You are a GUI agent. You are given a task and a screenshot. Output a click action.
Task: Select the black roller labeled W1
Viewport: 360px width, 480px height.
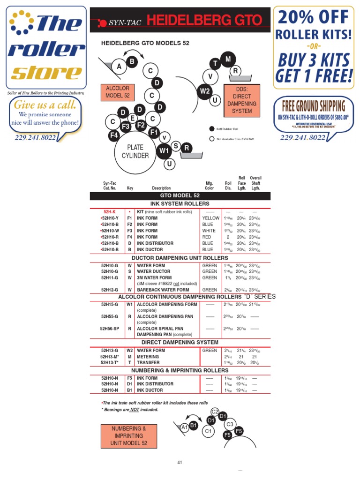pos(164,150)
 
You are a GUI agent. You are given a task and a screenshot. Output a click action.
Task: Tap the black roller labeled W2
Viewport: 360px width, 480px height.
pos(204,91)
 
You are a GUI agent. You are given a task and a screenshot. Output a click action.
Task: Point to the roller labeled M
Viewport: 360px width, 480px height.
pos(228,59)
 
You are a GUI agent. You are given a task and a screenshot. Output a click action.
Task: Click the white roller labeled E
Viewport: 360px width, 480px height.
pos(133,118)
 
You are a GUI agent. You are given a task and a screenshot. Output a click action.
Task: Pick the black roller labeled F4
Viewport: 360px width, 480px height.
pos(114,135)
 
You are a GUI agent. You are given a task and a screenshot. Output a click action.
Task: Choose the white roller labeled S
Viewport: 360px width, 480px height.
pos(176,146)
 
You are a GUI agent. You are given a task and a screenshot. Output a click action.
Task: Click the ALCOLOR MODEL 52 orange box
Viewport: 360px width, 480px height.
pos(117,92)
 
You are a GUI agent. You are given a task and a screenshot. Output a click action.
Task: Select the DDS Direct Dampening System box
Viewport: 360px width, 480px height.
pos(242,100)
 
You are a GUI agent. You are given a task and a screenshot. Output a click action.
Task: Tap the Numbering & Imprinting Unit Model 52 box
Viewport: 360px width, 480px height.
pos(129,436)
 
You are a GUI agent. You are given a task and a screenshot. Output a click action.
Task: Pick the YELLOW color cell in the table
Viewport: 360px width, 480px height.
pos(210,218)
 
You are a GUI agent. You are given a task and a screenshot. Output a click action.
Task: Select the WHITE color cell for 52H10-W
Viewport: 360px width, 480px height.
pos(209,231)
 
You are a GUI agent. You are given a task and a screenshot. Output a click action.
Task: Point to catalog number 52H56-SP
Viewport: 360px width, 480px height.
pos(110,329)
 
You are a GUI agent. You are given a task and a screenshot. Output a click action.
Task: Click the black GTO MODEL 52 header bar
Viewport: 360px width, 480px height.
pos(180,195)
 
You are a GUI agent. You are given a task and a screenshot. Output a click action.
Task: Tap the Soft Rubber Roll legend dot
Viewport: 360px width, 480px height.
pos(211,128)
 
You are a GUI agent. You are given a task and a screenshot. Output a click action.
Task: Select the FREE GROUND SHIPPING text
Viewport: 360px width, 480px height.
pos(314,105)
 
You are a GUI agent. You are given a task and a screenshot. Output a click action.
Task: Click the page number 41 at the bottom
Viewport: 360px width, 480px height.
pos(180,463)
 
